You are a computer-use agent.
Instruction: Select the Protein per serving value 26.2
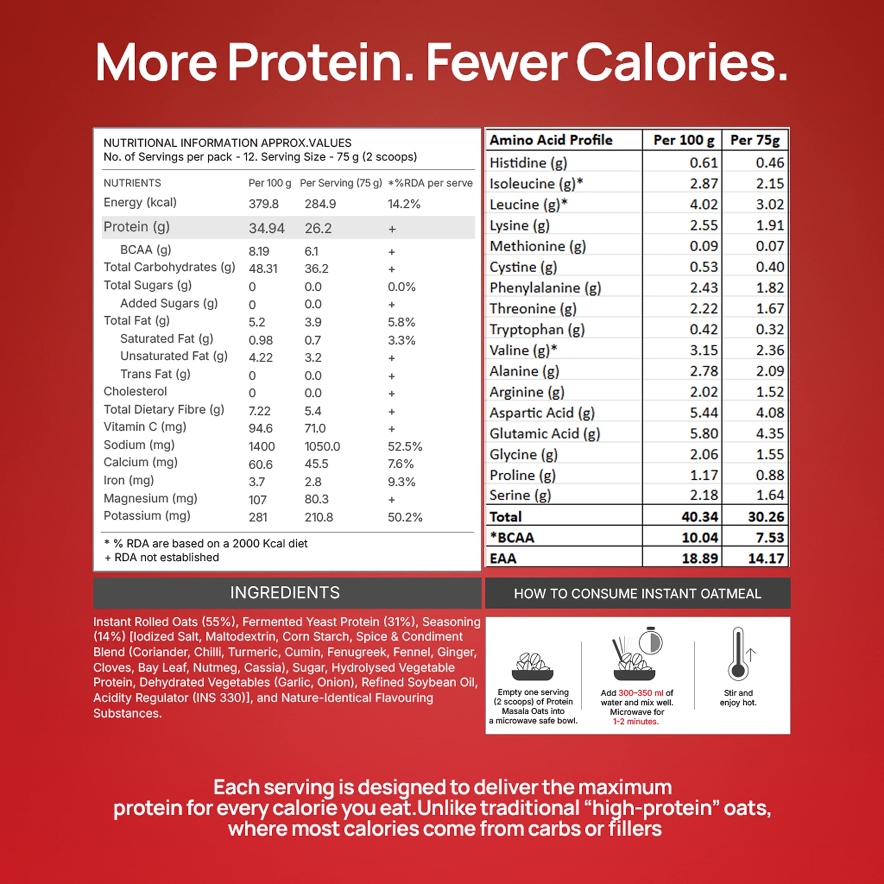click(318, 228)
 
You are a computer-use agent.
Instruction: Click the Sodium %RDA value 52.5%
click(404, 446)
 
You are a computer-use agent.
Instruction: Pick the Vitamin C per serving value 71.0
click(315, 429)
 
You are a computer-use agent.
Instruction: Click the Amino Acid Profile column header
click(551, 140)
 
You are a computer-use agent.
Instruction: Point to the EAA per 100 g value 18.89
click(699, 559)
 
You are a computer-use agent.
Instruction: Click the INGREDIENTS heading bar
click(285, 593)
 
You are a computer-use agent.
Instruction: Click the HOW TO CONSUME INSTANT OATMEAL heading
click(637, 594)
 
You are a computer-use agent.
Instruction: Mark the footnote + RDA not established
click(162, 558)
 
